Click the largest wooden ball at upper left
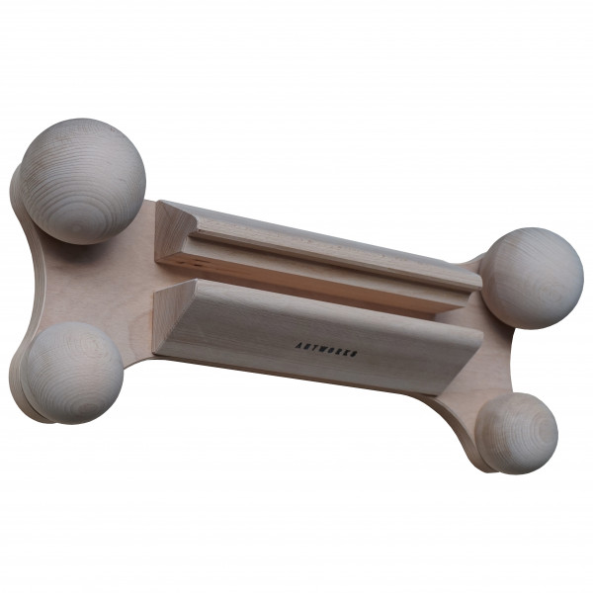pyautogui.click(x=83, y=181)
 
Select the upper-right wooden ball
pyautogui.click(x=531, y=278)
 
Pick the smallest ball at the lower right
pyautogui.click(x=517, y=432)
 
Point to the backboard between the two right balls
pyautogui.click(x=494, y=351)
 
